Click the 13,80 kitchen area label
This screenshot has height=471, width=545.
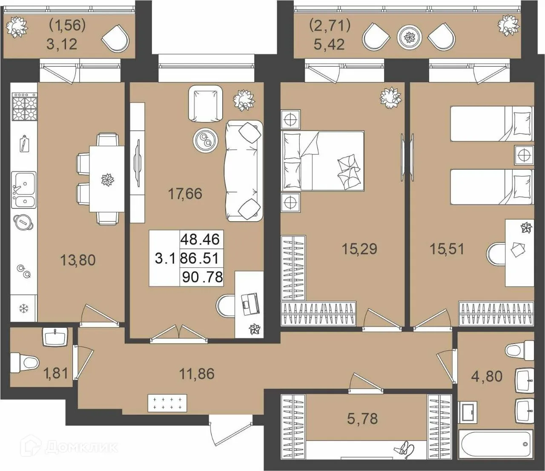point(78,260)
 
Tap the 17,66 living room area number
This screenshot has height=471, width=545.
point(185,194)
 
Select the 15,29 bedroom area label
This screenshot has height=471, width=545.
point(359,249)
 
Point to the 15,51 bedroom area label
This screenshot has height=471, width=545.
point(447,249)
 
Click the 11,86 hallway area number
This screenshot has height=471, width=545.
point(197,374)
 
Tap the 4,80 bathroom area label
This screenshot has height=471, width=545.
point(487,376)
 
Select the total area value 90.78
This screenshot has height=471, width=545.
point(203,277)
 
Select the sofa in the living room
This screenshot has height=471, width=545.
point(244,170)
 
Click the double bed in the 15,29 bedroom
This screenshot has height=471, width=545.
point(323,160)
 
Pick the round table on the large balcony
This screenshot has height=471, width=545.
point(410,37)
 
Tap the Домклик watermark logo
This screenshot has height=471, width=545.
point(71,446)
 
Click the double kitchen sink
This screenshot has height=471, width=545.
point(24,190)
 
